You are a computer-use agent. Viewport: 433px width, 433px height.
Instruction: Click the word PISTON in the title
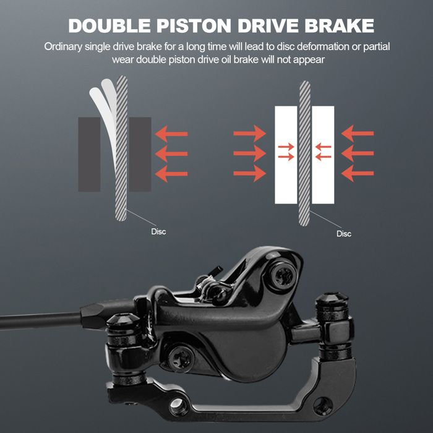pos(194,26)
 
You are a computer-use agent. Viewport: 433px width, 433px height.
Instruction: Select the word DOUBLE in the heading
pos(109,26)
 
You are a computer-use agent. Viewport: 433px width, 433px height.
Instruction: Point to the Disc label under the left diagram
pos(158,231)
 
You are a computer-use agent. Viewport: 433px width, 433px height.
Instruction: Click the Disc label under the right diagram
pos(344,234)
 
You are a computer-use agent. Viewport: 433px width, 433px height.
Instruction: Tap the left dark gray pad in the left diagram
pos(89,155)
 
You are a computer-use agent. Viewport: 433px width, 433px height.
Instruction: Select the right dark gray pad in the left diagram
pos(140,155)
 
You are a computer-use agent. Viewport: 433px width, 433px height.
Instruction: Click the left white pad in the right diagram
pos(286,155)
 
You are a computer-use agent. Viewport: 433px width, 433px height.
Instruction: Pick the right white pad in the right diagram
pos(323,155)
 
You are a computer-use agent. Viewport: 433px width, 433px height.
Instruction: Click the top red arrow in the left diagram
pos(171,134)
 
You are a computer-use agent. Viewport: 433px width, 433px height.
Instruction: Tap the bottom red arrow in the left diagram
pos(171,174)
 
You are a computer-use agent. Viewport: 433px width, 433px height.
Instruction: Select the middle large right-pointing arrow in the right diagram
pos(250,153)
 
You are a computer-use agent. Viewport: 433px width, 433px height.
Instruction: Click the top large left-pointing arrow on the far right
pos(358,134)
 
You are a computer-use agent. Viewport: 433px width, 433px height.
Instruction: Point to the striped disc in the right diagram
pos(304,153)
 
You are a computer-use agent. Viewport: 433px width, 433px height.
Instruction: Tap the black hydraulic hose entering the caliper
pos(41,321)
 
